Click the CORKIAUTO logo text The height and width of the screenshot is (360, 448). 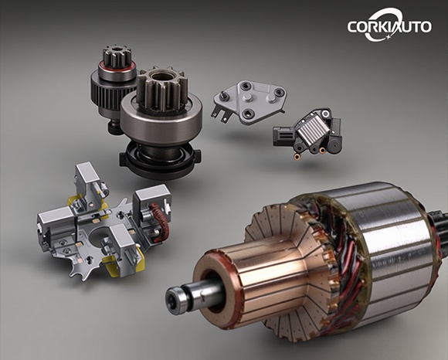[389, 26]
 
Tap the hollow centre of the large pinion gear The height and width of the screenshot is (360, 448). [162, 76]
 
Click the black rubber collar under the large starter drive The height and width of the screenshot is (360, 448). [160, 160]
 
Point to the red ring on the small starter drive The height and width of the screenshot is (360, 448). [117, 68]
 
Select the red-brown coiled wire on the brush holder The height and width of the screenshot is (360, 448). [160, 222]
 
